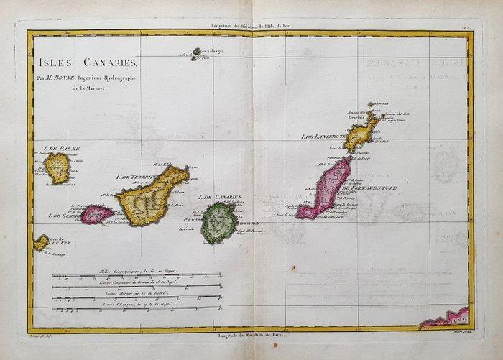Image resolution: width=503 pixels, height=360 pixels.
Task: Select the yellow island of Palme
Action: click(x=57, y=167)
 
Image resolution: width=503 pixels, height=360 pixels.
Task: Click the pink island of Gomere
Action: click(x=96, y=213)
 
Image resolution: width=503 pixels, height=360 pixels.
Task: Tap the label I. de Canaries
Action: click(x=218, y=197)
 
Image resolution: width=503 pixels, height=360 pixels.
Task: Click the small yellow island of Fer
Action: click(x=42, y=242)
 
